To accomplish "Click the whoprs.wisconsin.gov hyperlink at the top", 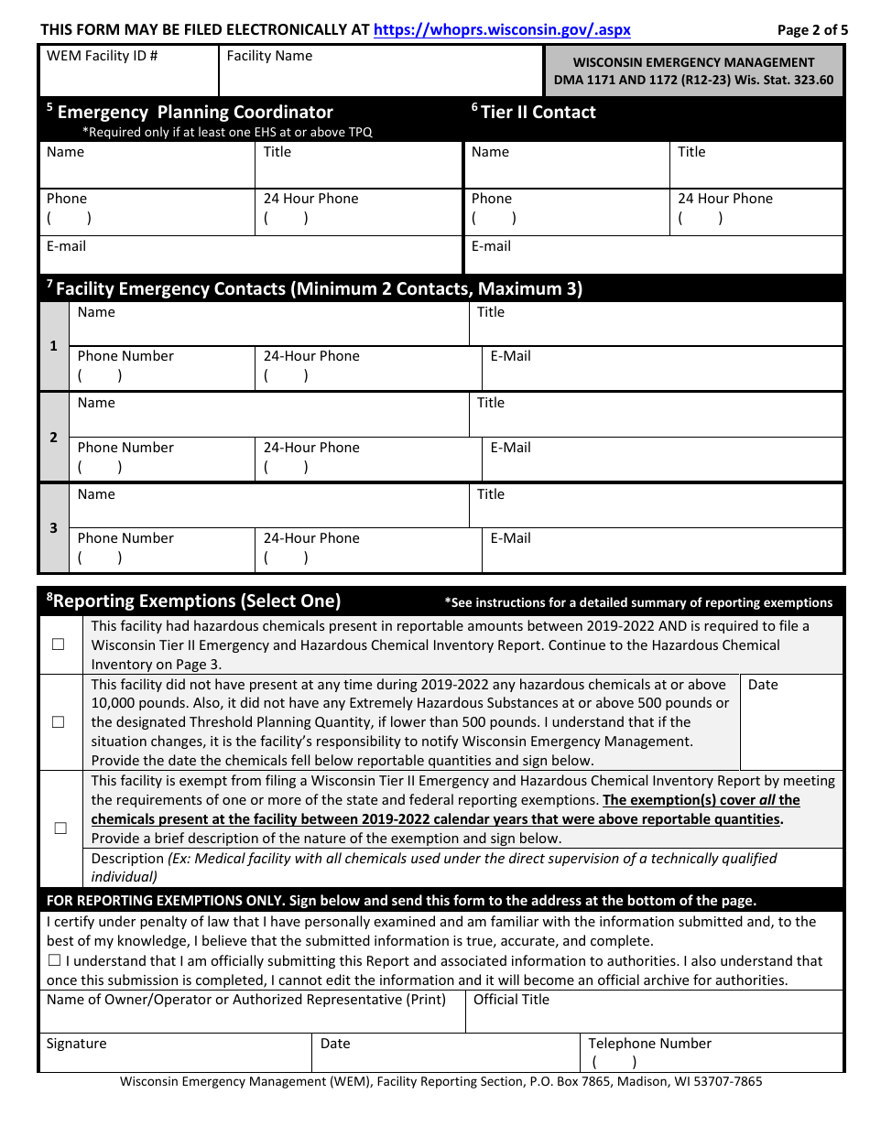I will pos(502,29).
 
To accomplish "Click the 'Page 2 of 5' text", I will pos(812,29).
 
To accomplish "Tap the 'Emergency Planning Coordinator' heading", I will pos(195,113).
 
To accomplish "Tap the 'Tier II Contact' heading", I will pos(538,113).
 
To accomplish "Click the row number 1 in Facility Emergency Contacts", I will pos(53,346).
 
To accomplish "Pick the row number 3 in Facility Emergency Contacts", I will pos(53,528).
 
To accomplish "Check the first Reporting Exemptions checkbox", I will pos(59,644).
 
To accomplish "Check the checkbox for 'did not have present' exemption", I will pos(59,722).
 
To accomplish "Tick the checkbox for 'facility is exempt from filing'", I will pos(60,828).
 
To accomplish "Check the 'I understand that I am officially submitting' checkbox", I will pos(54,961).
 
